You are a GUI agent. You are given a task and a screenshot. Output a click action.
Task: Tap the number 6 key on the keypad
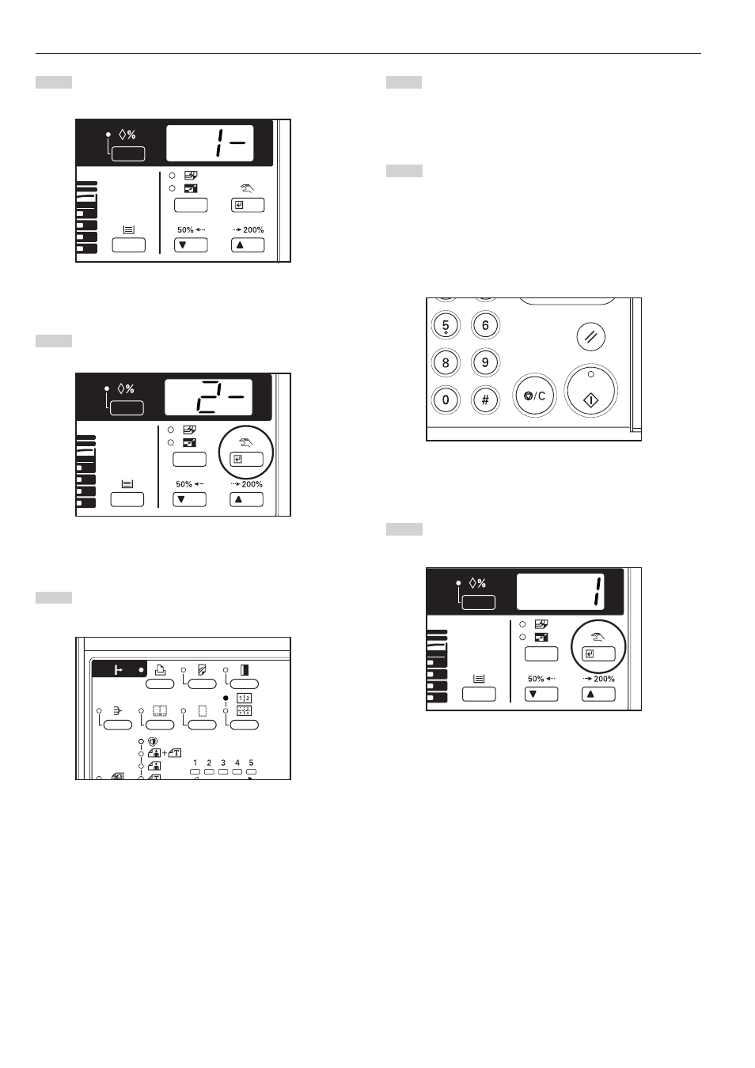pyautogui.click(x=485, y=325)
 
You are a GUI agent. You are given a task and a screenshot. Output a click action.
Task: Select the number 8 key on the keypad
pyautogui.click(x=446, y=362)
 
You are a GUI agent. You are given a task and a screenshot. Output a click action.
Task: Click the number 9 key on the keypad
pyautogui.click(x=485, y=362)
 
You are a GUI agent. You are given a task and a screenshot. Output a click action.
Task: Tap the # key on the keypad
pyautogui.click(x=485, y=400)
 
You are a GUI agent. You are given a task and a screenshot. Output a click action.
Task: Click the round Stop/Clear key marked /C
pyautogui.click(x=535, y=396)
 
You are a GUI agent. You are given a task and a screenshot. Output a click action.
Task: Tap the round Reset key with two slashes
pyautogui.click(x=591, y=336)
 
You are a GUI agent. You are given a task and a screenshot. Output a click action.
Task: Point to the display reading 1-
pyautogui.click(x=210, y=143)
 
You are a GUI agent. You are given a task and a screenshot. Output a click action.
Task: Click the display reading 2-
pyautogui.click(x=208, y=397)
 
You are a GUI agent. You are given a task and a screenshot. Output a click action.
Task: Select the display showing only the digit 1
pyautogui.click(x=560, y=592)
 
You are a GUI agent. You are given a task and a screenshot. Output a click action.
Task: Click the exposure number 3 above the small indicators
pyautogui.click(x=222, y=763)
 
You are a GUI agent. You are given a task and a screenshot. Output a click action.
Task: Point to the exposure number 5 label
pyautogui.click(x=252, y=763)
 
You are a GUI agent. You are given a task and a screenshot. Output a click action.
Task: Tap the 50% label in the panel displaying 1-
pyautogui.click(x=185, y=229)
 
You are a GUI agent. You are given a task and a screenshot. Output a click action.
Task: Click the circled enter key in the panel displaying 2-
pyautogui.click(x=246, y=459)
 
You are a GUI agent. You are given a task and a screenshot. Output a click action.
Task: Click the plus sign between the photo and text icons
pyautogui.click(x=165, y=753)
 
